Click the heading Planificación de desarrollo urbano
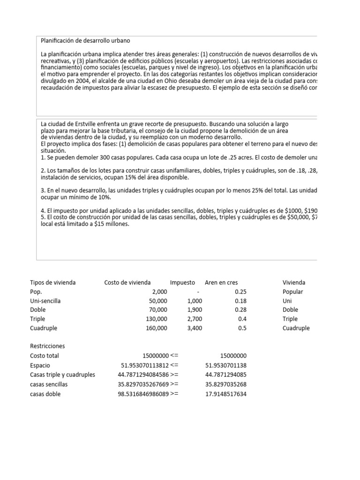(85, 41)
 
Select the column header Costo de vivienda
(127, 283)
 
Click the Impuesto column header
(182, 283)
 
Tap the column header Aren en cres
(225, 283)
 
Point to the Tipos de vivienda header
(52, 283)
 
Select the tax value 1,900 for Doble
(195, 310)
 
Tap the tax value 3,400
(195, 328)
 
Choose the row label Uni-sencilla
(45, 301)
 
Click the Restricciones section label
(47, 346)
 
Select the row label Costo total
(44, 356)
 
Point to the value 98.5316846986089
(143, 394)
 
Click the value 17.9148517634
(226, 394)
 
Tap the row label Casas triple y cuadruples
(62, 375)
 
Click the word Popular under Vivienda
(293, 292)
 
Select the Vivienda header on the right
(294, 283)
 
